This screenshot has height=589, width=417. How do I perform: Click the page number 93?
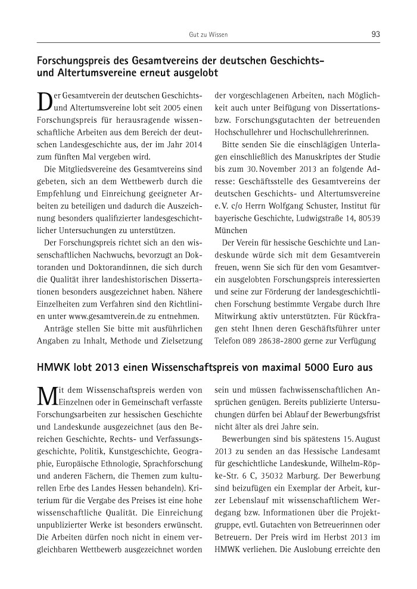375,35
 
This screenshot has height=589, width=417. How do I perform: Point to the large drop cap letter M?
46,396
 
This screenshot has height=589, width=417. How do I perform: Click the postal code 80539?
368,218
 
